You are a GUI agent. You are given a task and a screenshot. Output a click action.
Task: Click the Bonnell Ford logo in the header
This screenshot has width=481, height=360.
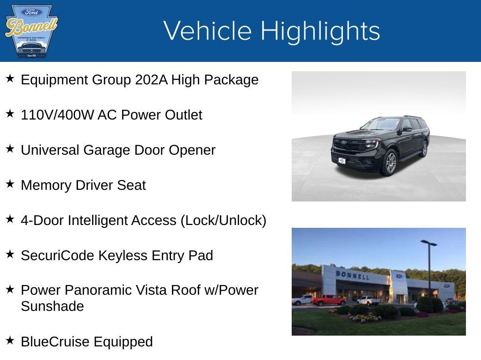[31, 31]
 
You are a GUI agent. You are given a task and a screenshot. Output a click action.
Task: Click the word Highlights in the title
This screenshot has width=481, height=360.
[320, 31]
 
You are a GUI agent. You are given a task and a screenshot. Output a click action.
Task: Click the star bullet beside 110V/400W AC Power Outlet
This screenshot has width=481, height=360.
[10, 114]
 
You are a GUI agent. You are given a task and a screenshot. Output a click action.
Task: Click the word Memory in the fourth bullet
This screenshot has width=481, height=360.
[44, 185]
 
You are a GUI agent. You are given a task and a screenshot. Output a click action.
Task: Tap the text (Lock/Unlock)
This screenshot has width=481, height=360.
[224, 220]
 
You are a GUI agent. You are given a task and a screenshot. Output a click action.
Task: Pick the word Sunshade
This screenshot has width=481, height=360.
[52, 307]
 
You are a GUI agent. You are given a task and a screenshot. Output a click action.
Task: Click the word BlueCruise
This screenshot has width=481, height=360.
[55, 342]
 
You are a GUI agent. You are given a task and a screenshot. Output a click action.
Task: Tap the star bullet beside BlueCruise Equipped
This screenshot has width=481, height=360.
[10, 341]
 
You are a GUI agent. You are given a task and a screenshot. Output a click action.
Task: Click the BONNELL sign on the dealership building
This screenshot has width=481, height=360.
[352, 275]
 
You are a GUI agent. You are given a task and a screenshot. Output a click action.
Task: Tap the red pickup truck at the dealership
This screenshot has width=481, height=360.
[328, 300]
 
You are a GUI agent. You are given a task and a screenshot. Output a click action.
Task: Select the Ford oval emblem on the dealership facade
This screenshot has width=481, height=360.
[399, 276]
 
